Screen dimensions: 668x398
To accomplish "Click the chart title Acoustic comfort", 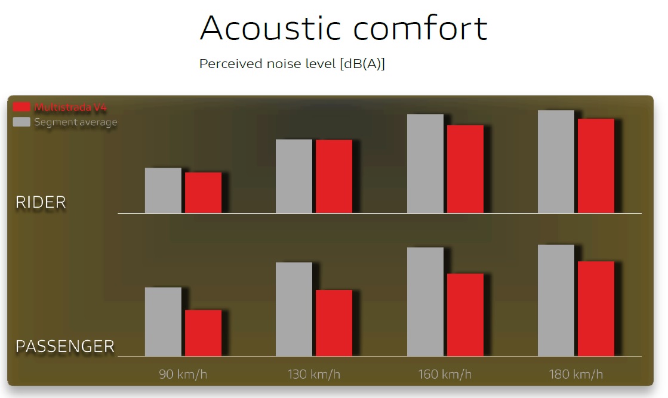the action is coord(343,28).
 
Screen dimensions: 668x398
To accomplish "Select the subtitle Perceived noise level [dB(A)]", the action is coord(292,64).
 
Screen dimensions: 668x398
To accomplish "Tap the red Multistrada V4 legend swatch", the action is coord(21,107).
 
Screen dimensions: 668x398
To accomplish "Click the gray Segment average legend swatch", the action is coord(21,122).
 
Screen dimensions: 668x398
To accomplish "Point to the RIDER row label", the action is coord(41,202).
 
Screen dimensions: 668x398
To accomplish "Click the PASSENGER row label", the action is coord(64,347).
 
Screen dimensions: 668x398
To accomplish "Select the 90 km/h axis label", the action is coord(183,374).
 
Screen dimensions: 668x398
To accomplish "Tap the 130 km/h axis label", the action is coord(314,374).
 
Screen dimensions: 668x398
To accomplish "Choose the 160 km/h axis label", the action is coord(445,374).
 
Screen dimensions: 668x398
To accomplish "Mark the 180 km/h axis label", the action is coord(576,374).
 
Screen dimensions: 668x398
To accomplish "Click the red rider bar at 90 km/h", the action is coord(203,192).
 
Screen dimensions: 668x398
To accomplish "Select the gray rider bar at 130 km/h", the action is coord(294,176).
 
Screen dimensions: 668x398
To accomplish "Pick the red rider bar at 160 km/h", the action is coord(465,169).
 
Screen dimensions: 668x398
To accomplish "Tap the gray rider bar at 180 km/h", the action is coord(556,161).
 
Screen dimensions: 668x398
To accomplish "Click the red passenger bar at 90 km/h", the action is coord(203,333).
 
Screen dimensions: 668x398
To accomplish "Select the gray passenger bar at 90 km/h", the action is coord(163,322).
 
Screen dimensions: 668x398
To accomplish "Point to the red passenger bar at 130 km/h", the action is coord(334,323).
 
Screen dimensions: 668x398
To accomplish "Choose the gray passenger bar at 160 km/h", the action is coord(425,302).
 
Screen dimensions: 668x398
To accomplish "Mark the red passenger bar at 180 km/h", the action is coord(596,308).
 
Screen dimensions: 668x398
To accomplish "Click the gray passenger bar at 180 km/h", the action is coord(556,301).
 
